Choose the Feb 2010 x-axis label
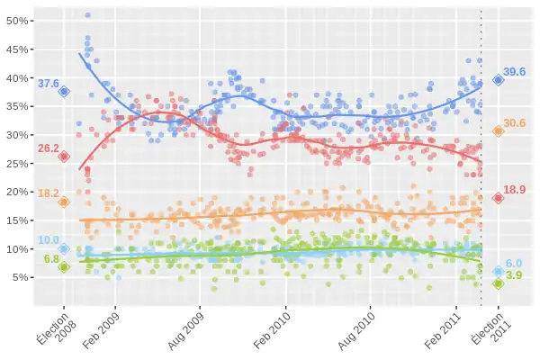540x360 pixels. coord(272,331)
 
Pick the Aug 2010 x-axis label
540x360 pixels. coord(357,331)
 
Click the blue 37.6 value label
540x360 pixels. coord(48,84)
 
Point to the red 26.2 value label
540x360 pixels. coord(48,148)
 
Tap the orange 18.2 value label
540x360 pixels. coord(48,193)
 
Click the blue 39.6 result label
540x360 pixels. coord(515,72)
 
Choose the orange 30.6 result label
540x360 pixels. coord(515,123)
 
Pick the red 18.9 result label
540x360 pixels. coord(515,190)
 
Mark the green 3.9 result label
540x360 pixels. coord(514,275)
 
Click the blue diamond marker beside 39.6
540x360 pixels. coord(499,80)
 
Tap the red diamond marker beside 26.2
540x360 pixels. coord(64,157)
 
